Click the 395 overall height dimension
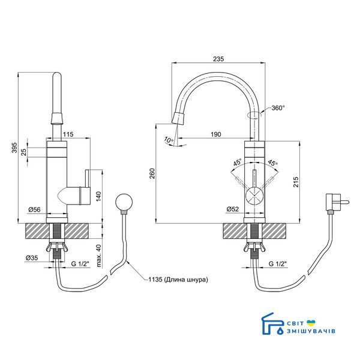click(14, 148)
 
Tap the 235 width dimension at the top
click(218, 59)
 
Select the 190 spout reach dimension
click(216, 134)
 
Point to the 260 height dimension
click(152, 173)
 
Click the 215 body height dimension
click(296, 182)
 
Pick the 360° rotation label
click(278, 107)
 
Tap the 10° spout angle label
click(169, 140)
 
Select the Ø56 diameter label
click(34, 209)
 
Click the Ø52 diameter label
click(233, 209)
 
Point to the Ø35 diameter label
click(32, 257)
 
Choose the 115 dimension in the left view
click(68, 134)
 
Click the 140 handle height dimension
click(98, 197)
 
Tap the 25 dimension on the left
click(24, 152)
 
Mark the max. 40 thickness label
click(98, 256)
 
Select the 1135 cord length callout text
click(178, 280)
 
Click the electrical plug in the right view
click(337, 203)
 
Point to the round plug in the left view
click(124, 202)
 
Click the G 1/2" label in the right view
click(278, 263)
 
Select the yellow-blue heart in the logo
click(311, 323)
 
